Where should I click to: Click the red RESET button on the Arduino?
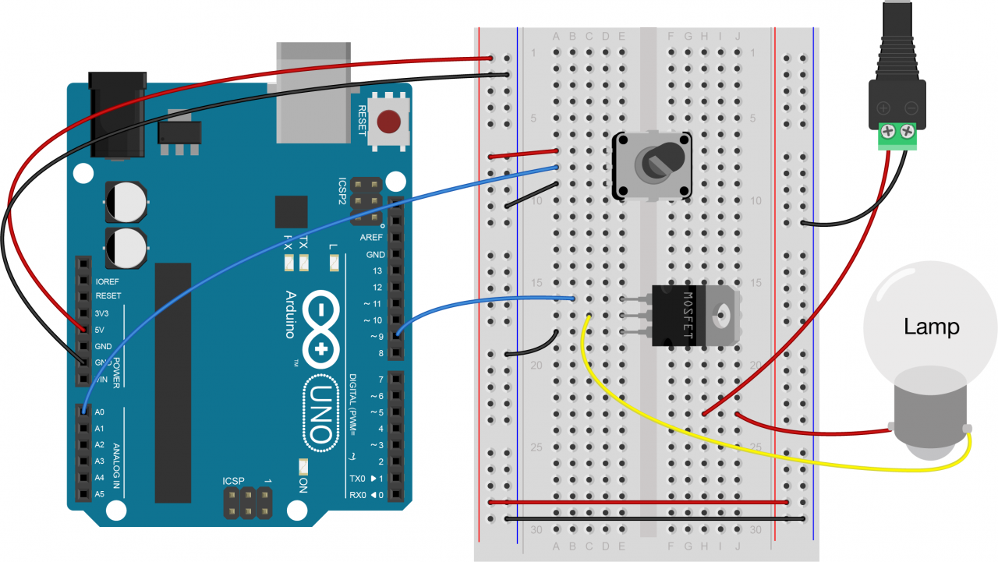[x=388, y=122]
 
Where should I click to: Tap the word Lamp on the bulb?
[x=931, y=326]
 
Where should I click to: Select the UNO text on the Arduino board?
[x=320, y=414]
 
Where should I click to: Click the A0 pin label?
[x=99, y=412]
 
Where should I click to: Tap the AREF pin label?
[x=371, y=238]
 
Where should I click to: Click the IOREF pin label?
[x=108, y=281]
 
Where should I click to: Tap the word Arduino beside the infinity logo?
[x=290, y=314]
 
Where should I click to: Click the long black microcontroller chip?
[x=172, y=382]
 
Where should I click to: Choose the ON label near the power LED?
[x=303, y=486]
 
